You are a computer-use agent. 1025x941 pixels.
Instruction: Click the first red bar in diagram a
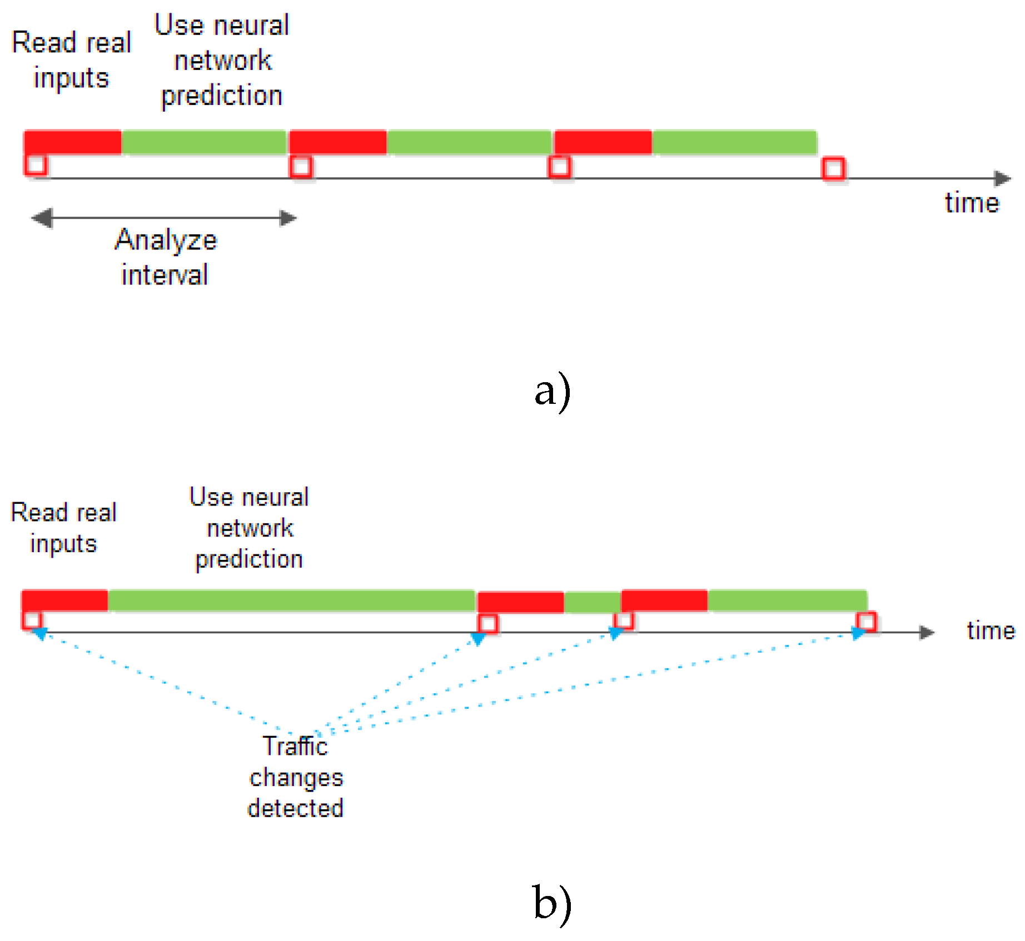tap(73, 142)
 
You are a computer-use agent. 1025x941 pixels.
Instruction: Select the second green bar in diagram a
tap(469, 142)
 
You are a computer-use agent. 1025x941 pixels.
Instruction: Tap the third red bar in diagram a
tap(603, 142)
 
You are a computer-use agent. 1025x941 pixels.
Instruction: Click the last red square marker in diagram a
tap(833, 168)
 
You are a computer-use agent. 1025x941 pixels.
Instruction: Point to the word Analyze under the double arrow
tap(166, 241)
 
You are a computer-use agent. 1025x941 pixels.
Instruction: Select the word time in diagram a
tap(972, 203)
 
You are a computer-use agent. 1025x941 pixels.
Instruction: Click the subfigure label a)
tap(552, 391)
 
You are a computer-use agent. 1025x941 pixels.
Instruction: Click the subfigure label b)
tap(552, 902)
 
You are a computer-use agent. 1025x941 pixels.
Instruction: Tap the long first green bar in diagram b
tap(292, 601)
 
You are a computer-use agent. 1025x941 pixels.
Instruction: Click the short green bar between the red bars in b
tap(592, 602)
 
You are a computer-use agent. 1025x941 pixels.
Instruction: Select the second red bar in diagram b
tap(521, 602)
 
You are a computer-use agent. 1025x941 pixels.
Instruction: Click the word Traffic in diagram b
tap(295, 746)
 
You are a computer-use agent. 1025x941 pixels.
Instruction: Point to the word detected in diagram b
tap(295, 808)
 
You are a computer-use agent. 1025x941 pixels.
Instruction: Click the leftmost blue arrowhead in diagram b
tap(41, 633)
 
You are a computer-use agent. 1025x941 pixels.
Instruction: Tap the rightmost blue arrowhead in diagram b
tap(858, 633)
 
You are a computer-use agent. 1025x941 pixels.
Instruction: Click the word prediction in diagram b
tap(249, 559)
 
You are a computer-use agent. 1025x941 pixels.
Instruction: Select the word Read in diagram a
tap(43, 43)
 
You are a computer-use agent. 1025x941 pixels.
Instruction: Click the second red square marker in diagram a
tap(301, 167)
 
